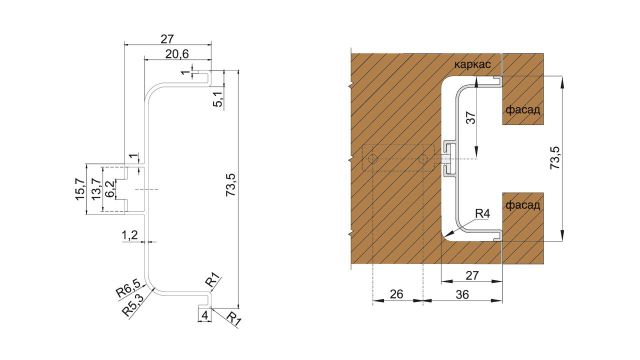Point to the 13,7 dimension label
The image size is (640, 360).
point(96,188)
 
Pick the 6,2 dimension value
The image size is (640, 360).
point(109,189)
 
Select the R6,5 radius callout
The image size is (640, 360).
point(127,291)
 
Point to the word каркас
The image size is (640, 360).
point(471,63)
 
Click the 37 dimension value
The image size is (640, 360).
point(470,119)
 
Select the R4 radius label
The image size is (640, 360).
point(483,213)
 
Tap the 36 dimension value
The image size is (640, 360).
point(463,295)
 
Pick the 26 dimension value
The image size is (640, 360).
point(397,295)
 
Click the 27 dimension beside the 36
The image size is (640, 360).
point(470,272)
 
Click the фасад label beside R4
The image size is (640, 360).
point(523,205)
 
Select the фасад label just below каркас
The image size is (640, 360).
point(523,111)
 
